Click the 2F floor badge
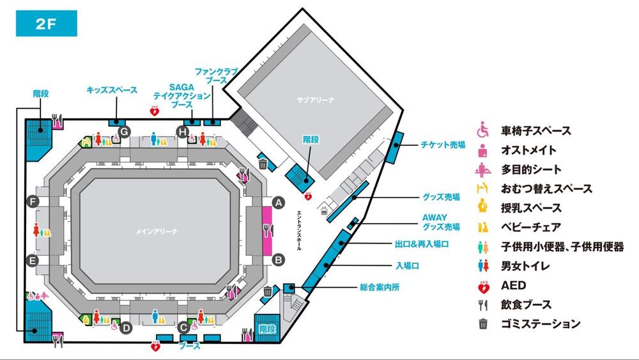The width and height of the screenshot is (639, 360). [47, 24]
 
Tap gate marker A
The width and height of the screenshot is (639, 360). [279, 203]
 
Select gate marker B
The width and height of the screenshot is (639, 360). [279, 260]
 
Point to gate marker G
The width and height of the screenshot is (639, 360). [125, 132]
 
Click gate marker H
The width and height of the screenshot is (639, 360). [183, 132]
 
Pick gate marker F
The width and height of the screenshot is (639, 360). [33, 201]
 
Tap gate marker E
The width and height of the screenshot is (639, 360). [33, 260]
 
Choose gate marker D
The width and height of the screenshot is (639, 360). [127, 328]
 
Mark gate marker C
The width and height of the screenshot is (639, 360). [183, 327]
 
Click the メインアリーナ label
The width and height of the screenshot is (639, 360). [157, 231]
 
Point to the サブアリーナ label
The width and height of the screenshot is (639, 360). [316, 100]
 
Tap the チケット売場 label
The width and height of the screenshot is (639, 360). [443, 145]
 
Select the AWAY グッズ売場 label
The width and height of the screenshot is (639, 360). [440, 222]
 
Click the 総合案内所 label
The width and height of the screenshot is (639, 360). [380, 287]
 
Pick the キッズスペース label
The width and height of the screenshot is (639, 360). [112, 90]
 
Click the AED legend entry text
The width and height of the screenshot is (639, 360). [514, 285]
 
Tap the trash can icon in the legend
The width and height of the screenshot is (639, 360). [483, 324]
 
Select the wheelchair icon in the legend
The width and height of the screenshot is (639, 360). [483, 130]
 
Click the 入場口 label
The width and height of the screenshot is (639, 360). [407, 266]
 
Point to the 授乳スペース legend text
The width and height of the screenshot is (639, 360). [531, 208]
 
